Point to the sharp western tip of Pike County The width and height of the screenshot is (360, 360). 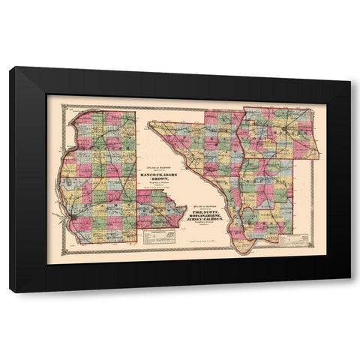pyautogui.click(x=151, y=123)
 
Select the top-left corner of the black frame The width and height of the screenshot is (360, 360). pyautogui.click(x=11, y=68)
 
